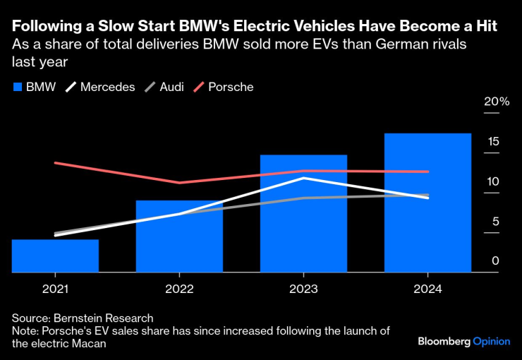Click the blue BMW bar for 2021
coord(55,256)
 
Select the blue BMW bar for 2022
coord(179,236)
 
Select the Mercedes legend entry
coord(99,87)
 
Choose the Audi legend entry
coord(164,87)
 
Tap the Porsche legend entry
coord(224,87)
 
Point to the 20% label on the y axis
coord(496,102)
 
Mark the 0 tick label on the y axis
coord(495,261)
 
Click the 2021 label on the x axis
coord(55,289)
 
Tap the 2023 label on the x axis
coord(303,289)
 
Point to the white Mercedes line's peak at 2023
coord(303,178)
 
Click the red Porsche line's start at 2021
coord(55,163)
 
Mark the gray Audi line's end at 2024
coord(427,195)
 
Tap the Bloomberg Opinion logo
coord(463,341)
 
